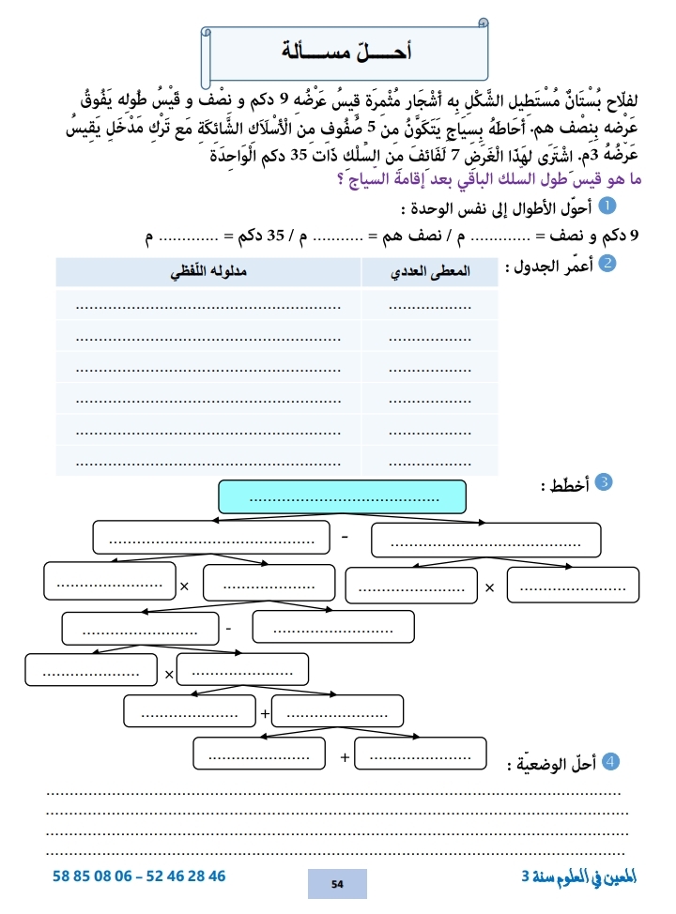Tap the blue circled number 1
coord(607,205)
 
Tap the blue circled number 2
coord(607,266)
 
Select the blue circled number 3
coord(605,482)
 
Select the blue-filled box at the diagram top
coord(342,497)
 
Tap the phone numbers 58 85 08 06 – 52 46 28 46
coord(140,876)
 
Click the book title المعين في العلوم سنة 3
coord(579,876)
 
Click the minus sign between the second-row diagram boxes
coord(345,539)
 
